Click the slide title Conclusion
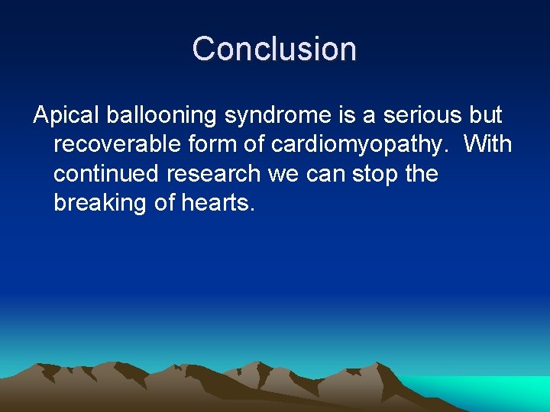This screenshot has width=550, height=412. (274, 49)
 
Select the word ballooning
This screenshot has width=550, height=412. (159, 116)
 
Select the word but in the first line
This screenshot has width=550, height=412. (484, 116)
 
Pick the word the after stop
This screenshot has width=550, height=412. (421, 174)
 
